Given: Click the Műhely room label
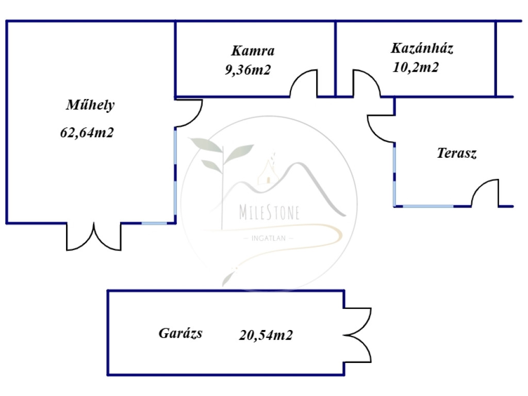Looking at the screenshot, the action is [90, 105].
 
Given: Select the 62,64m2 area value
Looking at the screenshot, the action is [87, 133].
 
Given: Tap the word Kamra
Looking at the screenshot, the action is [253, 51].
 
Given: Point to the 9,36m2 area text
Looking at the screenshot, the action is [248, 70].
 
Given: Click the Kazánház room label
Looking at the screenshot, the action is [422, 48].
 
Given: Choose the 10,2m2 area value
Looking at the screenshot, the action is [416, 68].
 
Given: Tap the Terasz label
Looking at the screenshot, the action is [457, 153].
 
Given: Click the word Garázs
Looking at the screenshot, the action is [180, 334].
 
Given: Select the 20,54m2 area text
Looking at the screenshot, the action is [266, 335].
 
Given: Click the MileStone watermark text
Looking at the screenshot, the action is [269, 212].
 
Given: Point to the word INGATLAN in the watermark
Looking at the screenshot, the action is [268, 238].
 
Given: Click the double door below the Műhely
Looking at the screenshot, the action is [94, 237].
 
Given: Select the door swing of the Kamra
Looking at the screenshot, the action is [304, 84].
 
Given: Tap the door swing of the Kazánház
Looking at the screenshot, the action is [367, 84].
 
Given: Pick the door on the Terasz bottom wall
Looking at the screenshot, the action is [485, 193].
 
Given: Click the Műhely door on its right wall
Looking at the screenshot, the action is [189, 113].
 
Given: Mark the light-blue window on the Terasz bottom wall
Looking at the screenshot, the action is [428, 206].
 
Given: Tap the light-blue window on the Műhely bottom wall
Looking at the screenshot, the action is [154, 223].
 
